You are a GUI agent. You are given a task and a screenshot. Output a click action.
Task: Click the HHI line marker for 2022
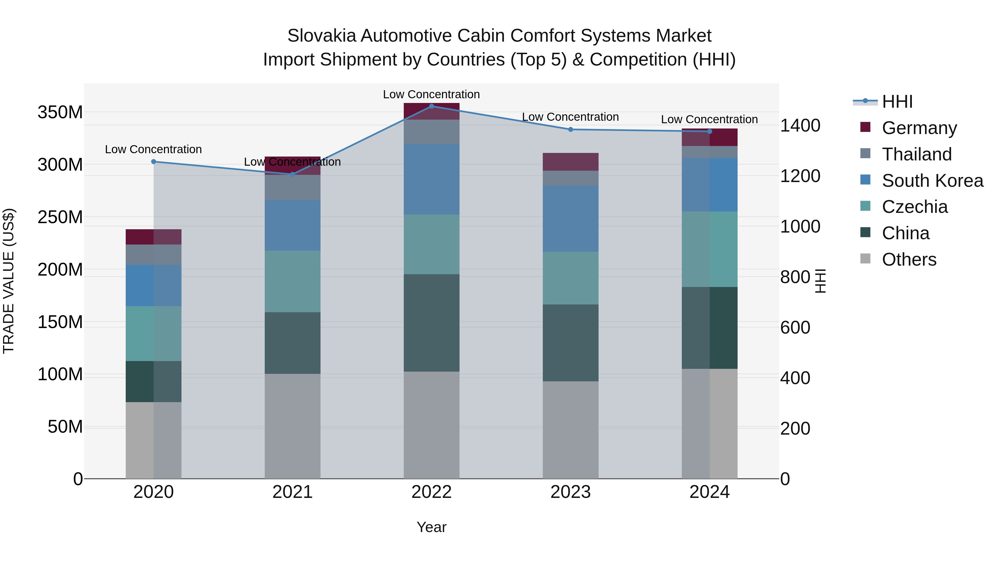click(x=431, y=106)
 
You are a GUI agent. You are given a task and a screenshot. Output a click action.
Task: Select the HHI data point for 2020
click(x=153, y=162)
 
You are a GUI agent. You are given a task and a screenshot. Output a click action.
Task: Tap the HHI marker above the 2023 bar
click(x=571, y=130)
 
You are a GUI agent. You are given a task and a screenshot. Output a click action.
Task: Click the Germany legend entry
click(x=919, y=128)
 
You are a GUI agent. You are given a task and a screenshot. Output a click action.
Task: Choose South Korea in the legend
click(x=932, y=181)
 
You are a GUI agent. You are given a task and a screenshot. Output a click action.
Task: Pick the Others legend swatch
click(x=865, y=259)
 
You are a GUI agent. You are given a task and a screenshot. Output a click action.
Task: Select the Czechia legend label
click(x=914, y=207)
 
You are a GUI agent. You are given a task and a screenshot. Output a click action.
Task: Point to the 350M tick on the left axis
click(x=60, y=112)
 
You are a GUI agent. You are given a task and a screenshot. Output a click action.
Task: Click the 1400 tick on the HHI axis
click(x=800, y=126)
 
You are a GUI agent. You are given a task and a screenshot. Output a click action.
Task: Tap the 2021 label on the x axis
click(x=292, y=492)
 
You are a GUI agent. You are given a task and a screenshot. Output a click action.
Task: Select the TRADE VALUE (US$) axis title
click(x=9, y=281)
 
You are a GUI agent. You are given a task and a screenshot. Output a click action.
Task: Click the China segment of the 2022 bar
click(x=431, y=323)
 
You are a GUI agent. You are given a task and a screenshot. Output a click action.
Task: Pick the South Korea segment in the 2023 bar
click(x=571, y=218)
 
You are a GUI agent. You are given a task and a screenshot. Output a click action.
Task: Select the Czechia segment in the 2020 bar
click(x=153, y=334)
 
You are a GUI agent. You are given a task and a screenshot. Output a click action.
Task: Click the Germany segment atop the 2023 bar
click(x=571, y=162)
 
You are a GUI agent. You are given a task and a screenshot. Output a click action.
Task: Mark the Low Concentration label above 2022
click(x=431, y=95)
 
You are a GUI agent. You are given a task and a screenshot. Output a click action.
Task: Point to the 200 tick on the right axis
click(x=795, y=429)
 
